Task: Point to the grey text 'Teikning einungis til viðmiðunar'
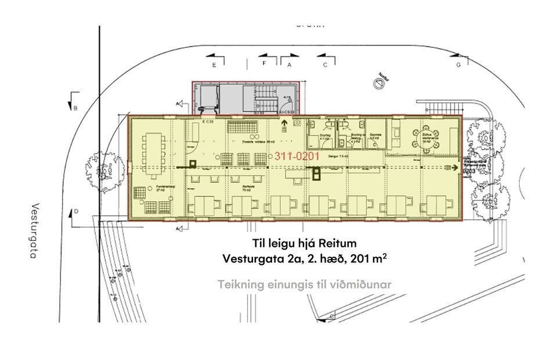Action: [305, 285]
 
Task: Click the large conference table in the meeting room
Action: [153, 155]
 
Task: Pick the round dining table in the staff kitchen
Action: [429, 134]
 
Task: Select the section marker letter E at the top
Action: [214, 64]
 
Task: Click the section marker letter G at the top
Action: [458, 64]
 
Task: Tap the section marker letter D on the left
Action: [76, 213]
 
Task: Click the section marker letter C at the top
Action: [325, 64]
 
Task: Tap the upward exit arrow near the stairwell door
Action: [284, 123]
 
